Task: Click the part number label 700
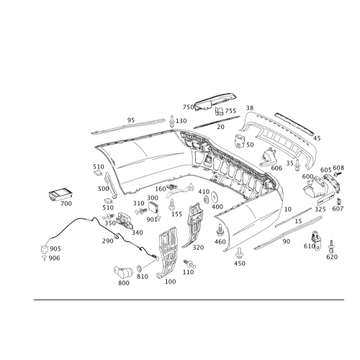pyautogui.click(x=66, y=204)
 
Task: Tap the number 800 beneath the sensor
pyautogui.click(x=124, y=283)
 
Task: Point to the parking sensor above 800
pyautogui.click(x=123, y=272)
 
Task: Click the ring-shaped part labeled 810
pyautogui.click(x=139, y=268)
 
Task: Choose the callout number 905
pyautogui.click(x=55, y=249)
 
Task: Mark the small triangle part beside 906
pyautogui.click(x=44, y=258)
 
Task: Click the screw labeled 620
pyautogui.click(x=331, y=246)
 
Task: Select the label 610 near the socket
pyautogui.click(x=309, y=246)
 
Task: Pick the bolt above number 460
pyautogui.click(x=220, y=230)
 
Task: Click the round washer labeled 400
pyautogui.click(x=215, y=197)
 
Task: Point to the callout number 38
pyautogui.click(x=250, y=108)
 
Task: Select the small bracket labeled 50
pyautogui.click(x=240, y=141)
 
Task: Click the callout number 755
pyautogui.click(x=230, y=111)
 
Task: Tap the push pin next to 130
pyautogui.click(x=172, y=122)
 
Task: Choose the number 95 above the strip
pyautogui.click(x=131, y=120)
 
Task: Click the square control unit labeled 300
pyautogui.click(x=153, y=207)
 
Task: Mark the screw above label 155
pyautogui.click(x=172, y=204)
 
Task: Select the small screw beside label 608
pyautogui.click(x=338, y=174)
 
